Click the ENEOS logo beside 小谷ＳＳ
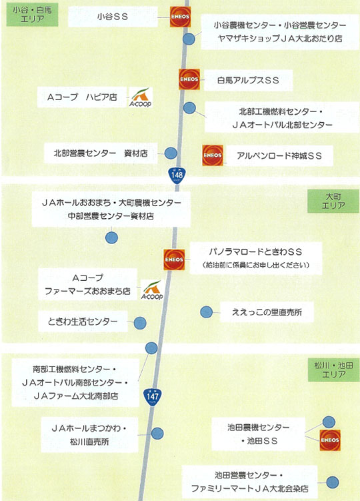[x=180, y=17]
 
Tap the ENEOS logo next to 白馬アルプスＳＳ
[x=189, y=79]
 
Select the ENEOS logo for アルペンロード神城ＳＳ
[x=213, y=155]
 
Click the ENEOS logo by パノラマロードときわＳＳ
[x=174, y=260]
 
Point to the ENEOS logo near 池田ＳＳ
[x=330, y=440]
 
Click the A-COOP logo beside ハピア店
[x=140, y=97]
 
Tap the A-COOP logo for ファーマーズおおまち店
[x=152, y=290]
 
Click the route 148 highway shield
[x=177, y=175]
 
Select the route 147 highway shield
[x=153, y=397]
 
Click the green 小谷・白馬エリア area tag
[x=32, y=15]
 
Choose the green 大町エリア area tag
[x=333, y=201]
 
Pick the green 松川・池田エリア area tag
[x=333, y=370]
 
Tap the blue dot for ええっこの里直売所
[x=207, y=312]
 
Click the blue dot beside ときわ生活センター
[x=140, y=324]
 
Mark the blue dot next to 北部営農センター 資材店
[x=171, y=153]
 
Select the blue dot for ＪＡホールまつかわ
[x=157, y=434]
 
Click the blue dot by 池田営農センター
[x=333, y=482]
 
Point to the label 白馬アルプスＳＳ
[x=248, y=80]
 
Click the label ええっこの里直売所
[x=267, y=312]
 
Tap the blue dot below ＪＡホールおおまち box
[x=111, y=237]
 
